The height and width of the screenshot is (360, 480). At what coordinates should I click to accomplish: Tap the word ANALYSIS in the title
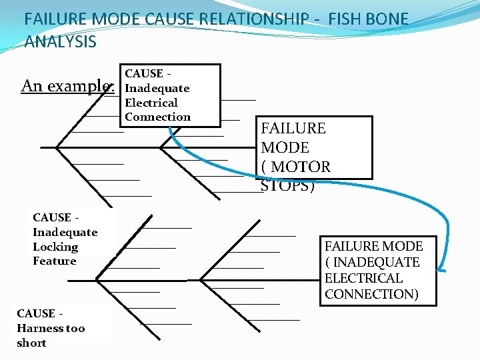pos(60,43)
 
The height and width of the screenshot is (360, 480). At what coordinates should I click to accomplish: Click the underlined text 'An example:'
pos(68,86)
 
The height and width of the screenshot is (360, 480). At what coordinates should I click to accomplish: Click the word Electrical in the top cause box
pos(151,103)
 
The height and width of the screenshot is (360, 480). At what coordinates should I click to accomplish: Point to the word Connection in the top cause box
pos(157,117)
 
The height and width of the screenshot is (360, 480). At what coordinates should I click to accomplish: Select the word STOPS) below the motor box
pos(287,185)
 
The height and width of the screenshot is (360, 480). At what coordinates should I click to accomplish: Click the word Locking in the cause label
pos(55,247)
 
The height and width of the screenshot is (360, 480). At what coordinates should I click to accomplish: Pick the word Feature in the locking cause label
pos(54,261)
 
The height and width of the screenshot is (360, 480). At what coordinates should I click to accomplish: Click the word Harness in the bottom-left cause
pos(41,328)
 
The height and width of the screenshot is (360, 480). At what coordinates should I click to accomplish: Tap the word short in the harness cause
pos(31,343)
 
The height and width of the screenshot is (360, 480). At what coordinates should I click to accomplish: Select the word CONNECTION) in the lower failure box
pos(371,294)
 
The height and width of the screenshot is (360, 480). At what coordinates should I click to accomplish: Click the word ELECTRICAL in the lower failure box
pos(363,278)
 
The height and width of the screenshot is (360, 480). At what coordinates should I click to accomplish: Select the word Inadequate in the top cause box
pos(157,88)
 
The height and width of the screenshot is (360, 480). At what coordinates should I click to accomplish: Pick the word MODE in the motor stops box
pos(285,147)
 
